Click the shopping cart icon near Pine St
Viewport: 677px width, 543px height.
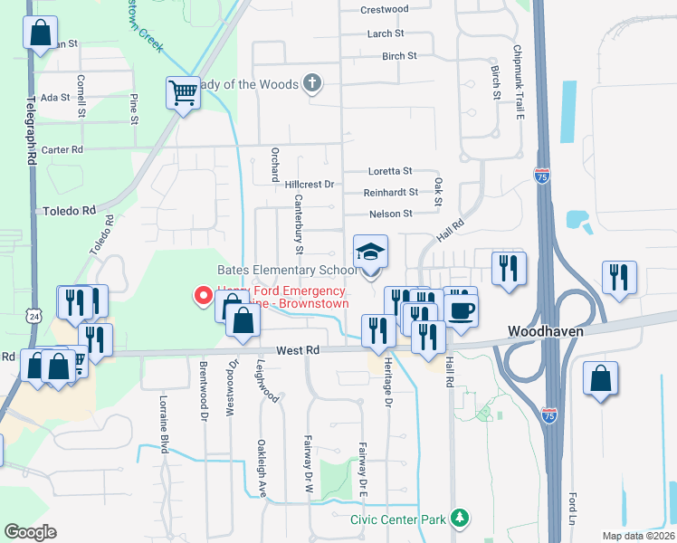pyautogui.click(x=183, y=92)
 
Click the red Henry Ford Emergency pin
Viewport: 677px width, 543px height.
pyautogui.click(x=204, y=296)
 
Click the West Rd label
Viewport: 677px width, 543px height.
pyautogui.click(x=298, y=349)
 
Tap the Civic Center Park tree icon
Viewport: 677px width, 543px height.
pyautogui.click(x=462, y=519)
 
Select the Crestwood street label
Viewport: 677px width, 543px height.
pyautogui.click(x=385, y=9)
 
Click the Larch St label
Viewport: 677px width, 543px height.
pyautogui.click(x=386, y=33)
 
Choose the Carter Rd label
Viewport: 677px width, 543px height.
pyautogui.click(x=62, y=149)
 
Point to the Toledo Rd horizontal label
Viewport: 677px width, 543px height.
pyautogui.click(x=69, y=210)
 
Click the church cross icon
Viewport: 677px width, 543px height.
pyautogui.click(x=311, y=84)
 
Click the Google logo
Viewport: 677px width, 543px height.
pyautogui.click(x=30, y=532)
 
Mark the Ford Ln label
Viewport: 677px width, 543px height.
pyautogui.click(x=573, y=512)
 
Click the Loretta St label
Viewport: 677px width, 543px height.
pyautogui.click(x=390, y=171)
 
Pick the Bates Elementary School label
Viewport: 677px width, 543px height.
pyautogui.click(x=287, y=271)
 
